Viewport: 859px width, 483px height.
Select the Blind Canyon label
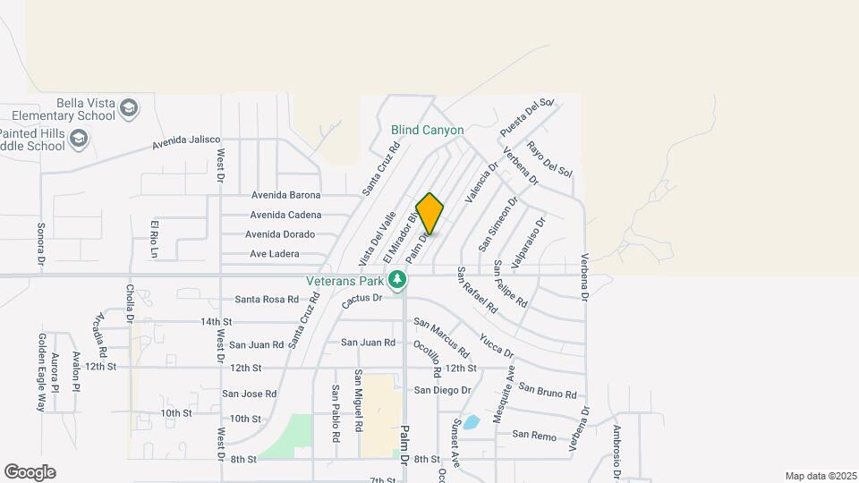428,130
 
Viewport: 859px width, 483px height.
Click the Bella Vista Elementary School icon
130,108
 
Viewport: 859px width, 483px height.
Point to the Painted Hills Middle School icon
79,138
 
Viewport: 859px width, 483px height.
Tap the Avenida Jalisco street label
186,142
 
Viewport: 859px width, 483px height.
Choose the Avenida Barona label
285,195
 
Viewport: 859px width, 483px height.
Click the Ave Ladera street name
274,254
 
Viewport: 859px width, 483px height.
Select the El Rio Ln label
154,238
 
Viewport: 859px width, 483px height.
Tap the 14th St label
216,321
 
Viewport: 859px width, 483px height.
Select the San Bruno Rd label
548,391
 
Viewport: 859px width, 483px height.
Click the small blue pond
472,421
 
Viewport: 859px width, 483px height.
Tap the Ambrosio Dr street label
617,445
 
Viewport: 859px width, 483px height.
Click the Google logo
30,472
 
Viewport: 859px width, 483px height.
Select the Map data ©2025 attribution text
819,476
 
